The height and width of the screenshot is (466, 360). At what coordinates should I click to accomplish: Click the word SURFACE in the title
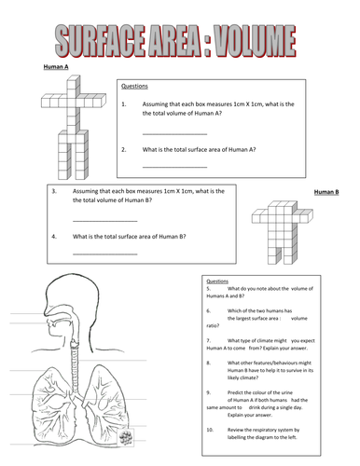tap(107, 42)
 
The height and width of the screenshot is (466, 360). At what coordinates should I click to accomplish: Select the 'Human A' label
tap(57, 67)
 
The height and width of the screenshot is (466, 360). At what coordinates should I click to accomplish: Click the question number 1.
tap(123, 105)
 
